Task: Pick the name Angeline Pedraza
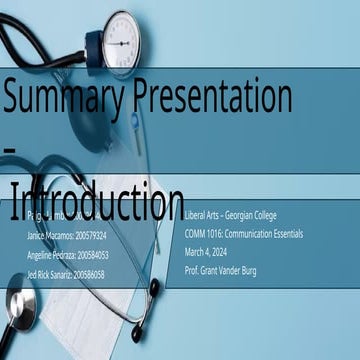(x=53, y=255)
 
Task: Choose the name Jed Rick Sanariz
(x=51, y=273)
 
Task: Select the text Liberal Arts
(x=206, y=215)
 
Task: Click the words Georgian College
(x=262, y=215)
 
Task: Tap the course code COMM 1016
(x=207, y=233)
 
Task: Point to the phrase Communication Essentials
(x=275, y=233)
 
